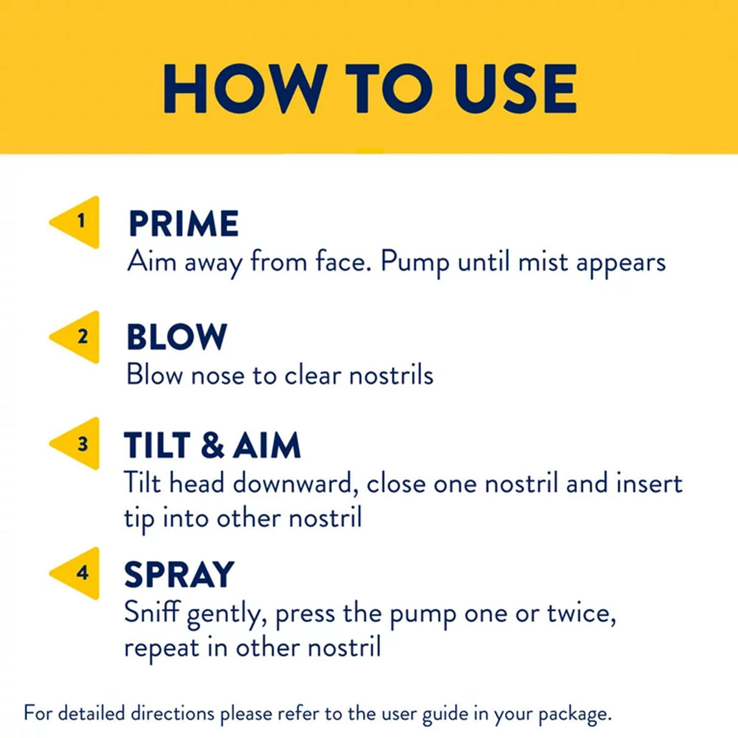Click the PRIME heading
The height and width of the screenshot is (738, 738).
[184, 224]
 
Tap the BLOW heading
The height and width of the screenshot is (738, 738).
[177, 337]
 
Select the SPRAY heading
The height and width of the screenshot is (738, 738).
[179, 574]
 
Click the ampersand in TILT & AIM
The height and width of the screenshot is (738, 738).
[212, 445]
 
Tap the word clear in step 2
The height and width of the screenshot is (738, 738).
[312, 375]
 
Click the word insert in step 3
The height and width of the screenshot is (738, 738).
[649, 484]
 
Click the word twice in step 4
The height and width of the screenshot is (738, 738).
[580, 613]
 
